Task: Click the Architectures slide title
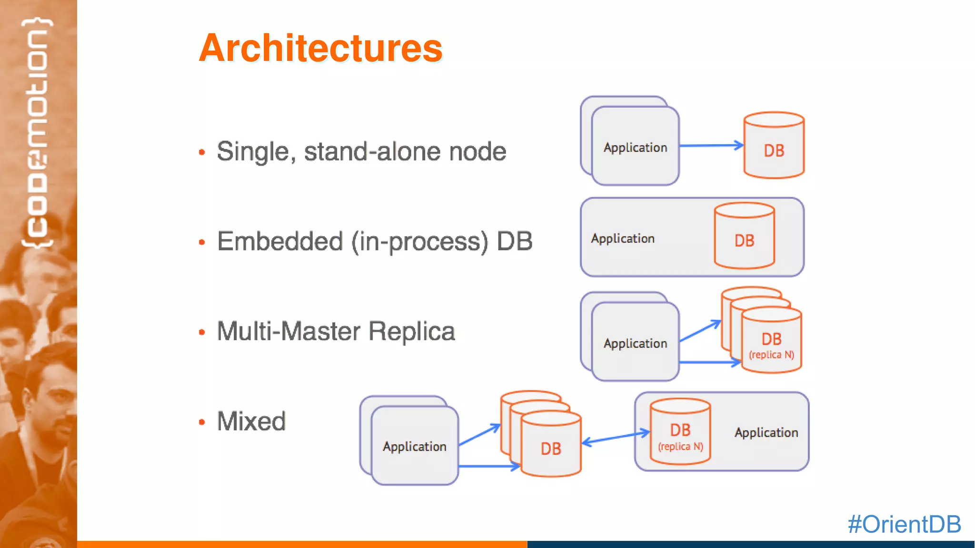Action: [x=320, y=48]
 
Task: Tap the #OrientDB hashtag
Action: [x=904, y=524]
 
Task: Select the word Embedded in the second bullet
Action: [x=280, y=241]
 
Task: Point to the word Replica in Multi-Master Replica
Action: [x=412, y=331]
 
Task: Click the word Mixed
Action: [x=251, y=421]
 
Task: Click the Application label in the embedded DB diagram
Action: [x=623, y=238]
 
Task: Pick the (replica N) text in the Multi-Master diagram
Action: [x=771, y=355]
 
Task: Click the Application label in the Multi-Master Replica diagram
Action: [x=635, y=343]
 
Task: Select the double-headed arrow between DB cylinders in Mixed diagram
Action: [x=616, y=437]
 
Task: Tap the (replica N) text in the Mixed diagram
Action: [x=680, y=447]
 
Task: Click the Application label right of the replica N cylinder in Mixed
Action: [x=766, y=432]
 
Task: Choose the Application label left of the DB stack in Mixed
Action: [x=414, y=447]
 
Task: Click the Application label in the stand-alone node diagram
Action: [x=635, y=147]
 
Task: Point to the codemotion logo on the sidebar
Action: [x=38, y=133]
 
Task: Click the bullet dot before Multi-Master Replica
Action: [x=202, y=332]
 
